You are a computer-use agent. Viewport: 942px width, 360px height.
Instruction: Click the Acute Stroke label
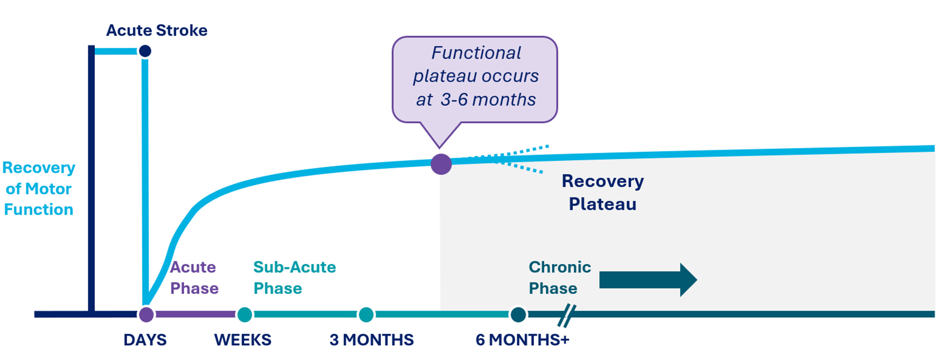coord(157,31)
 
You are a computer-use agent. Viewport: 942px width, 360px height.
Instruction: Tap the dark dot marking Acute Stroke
coord(145,51)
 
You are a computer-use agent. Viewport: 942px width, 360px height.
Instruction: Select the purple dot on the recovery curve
coord(441,164)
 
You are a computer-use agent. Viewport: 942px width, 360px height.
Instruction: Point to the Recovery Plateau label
coord(602,193)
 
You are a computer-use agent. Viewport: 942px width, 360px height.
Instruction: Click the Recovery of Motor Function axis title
coord(39,188)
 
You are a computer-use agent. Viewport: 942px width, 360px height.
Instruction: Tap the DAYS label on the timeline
coord(145,340)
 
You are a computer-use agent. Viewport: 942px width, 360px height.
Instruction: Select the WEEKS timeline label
coord(243,340)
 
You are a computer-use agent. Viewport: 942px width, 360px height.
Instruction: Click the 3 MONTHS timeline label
coord(371,340)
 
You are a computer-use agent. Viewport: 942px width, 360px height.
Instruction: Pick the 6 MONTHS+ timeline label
coord(522,340)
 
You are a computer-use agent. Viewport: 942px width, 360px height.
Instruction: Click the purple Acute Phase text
coord(194,278)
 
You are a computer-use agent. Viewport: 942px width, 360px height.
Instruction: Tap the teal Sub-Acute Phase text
coord(294,278)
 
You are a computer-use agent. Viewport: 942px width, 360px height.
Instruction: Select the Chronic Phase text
coord(559,278)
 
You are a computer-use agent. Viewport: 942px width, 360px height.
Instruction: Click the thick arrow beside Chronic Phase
coord(648,280)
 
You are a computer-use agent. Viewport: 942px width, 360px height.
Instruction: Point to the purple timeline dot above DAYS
coord(146,314)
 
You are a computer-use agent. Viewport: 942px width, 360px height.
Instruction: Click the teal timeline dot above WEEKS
coord(245,314)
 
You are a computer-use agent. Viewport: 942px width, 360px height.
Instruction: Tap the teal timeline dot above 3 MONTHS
coord(366,314)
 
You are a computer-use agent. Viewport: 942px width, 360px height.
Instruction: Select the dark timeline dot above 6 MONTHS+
coord(518,314)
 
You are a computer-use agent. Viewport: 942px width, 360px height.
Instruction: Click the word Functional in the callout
coord(476,53)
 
